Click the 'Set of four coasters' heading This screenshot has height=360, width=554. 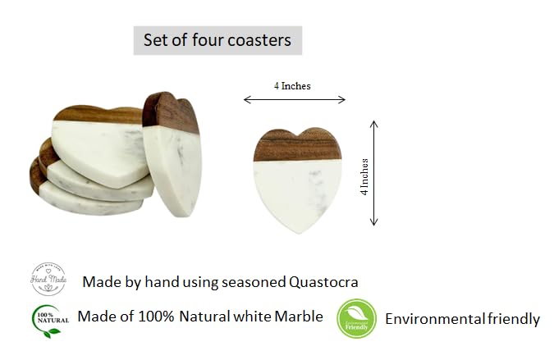(x=217, y=40)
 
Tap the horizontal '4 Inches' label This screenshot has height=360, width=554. (x=292, y=86)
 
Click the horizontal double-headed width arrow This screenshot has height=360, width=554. (x=295, y=100)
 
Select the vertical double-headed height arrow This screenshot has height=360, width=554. (x=375, y=173)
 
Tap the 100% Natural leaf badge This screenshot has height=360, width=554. (x=48, y=320)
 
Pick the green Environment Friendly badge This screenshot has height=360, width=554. (x=356, y=319)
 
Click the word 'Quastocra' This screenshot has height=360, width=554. (x=324, y=282)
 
